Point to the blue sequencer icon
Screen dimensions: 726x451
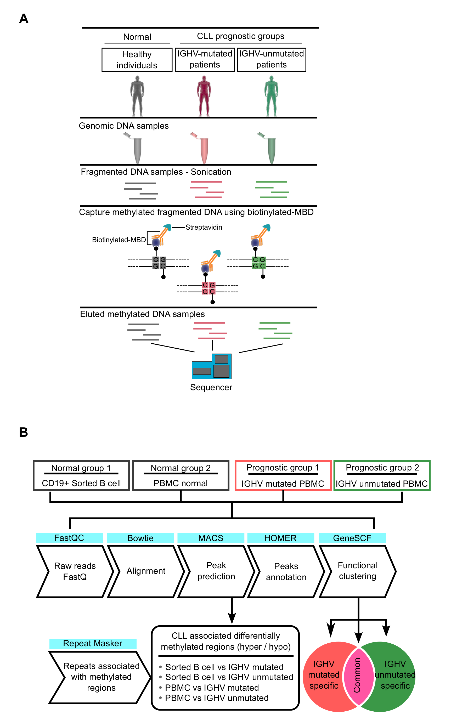point(212,366)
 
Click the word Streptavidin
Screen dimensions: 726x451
point(204,227)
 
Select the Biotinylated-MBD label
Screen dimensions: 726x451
point(119,240)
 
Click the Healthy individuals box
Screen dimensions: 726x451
point(137,60)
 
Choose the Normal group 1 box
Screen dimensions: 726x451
point(81,475)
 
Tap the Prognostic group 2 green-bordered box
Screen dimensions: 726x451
point(382,475)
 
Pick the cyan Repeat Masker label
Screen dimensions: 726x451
point(93,643)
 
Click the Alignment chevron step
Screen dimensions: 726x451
point(146,571)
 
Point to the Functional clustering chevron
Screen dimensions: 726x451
point(357,571)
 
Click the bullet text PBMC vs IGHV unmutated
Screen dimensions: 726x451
point(217,698)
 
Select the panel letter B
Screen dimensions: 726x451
point(24,432)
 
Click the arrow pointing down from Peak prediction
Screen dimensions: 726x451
point(232,611)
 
